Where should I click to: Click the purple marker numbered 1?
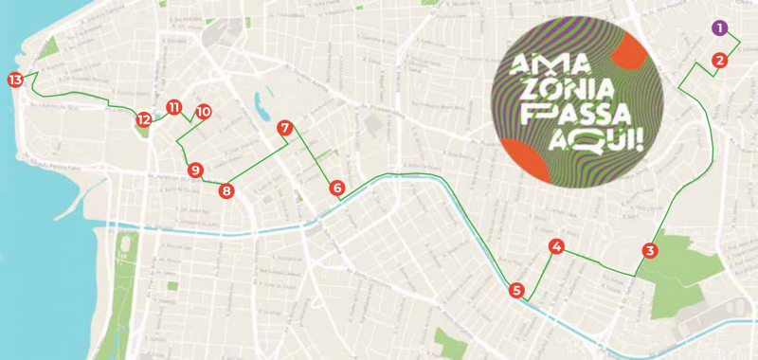click(721, 28)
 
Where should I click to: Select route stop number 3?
click(649, 251)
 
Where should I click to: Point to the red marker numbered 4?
click(557, 247)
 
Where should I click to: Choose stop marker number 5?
click(516, 290)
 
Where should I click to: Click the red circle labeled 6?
click(337, 189)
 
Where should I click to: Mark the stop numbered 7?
click(284, 127)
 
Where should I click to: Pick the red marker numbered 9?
click(195, 171)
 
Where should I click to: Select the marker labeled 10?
click(204, 112)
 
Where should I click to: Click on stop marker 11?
click(173, 107)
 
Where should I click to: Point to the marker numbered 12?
click(143, 119)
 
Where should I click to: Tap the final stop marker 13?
click(15, 80)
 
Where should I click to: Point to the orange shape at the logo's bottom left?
click(521, 159)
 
